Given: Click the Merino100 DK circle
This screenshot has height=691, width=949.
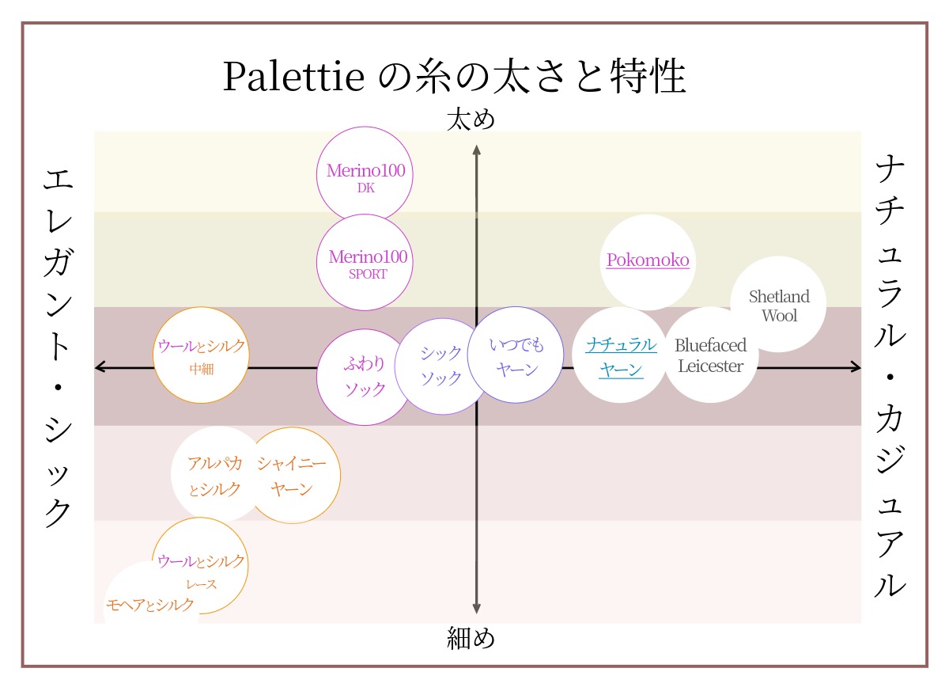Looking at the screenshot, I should coord(365,176).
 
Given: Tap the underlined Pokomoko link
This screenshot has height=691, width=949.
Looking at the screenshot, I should coord(648,260).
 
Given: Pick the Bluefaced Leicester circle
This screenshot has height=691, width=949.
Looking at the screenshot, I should coord(710,356).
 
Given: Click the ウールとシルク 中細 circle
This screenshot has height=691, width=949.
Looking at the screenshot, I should coord(201,355).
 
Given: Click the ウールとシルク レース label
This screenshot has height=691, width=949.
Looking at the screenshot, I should coord(201,571).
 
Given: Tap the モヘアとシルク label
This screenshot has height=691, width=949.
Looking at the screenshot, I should coord(149,605).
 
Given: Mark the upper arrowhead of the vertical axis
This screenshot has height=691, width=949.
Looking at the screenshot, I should coord(476,150).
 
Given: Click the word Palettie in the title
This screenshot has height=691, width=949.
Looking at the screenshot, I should coord(293,78).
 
